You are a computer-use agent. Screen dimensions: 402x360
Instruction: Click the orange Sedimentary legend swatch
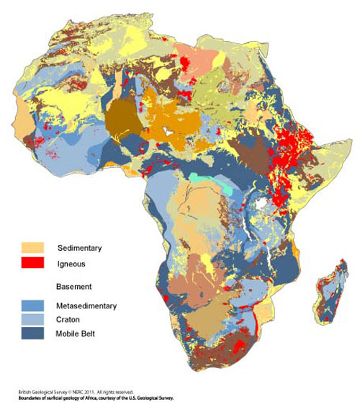coord(32,248)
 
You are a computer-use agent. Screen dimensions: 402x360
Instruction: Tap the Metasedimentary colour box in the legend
coord(32,306)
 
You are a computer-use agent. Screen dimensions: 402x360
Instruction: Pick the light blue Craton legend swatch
coord(32,319)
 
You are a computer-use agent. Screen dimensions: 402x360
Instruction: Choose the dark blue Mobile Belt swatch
coord(32,333)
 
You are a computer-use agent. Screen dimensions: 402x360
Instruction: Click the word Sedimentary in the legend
coord(78,249)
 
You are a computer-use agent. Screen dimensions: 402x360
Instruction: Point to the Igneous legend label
coord(71,264)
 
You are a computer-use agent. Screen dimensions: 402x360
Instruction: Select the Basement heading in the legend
coord(73,287)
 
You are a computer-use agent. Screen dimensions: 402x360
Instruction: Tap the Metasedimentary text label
coord(86,306)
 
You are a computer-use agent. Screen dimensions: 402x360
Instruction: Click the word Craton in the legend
coord(67,320)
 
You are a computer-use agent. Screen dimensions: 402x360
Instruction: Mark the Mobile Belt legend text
coord(76,333)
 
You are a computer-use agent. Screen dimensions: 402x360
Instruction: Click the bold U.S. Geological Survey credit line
coord(89,397)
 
